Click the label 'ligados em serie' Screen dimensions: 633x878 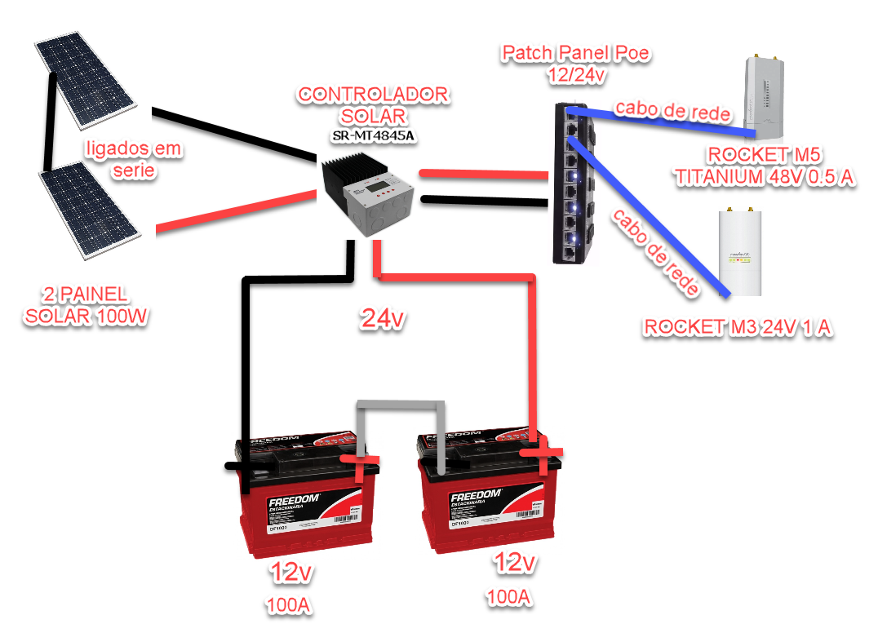tap(133, 160)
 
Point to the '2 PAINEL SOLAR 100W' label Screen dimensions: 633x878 tap(86, 306)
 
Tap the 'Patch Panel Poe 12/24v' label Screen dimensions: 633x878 tap(576, 63)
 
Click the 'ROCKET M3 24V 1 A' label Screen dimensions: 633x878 tap(738, 328)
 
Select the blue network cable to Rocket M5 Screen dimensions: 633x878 tap(669, 121)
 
